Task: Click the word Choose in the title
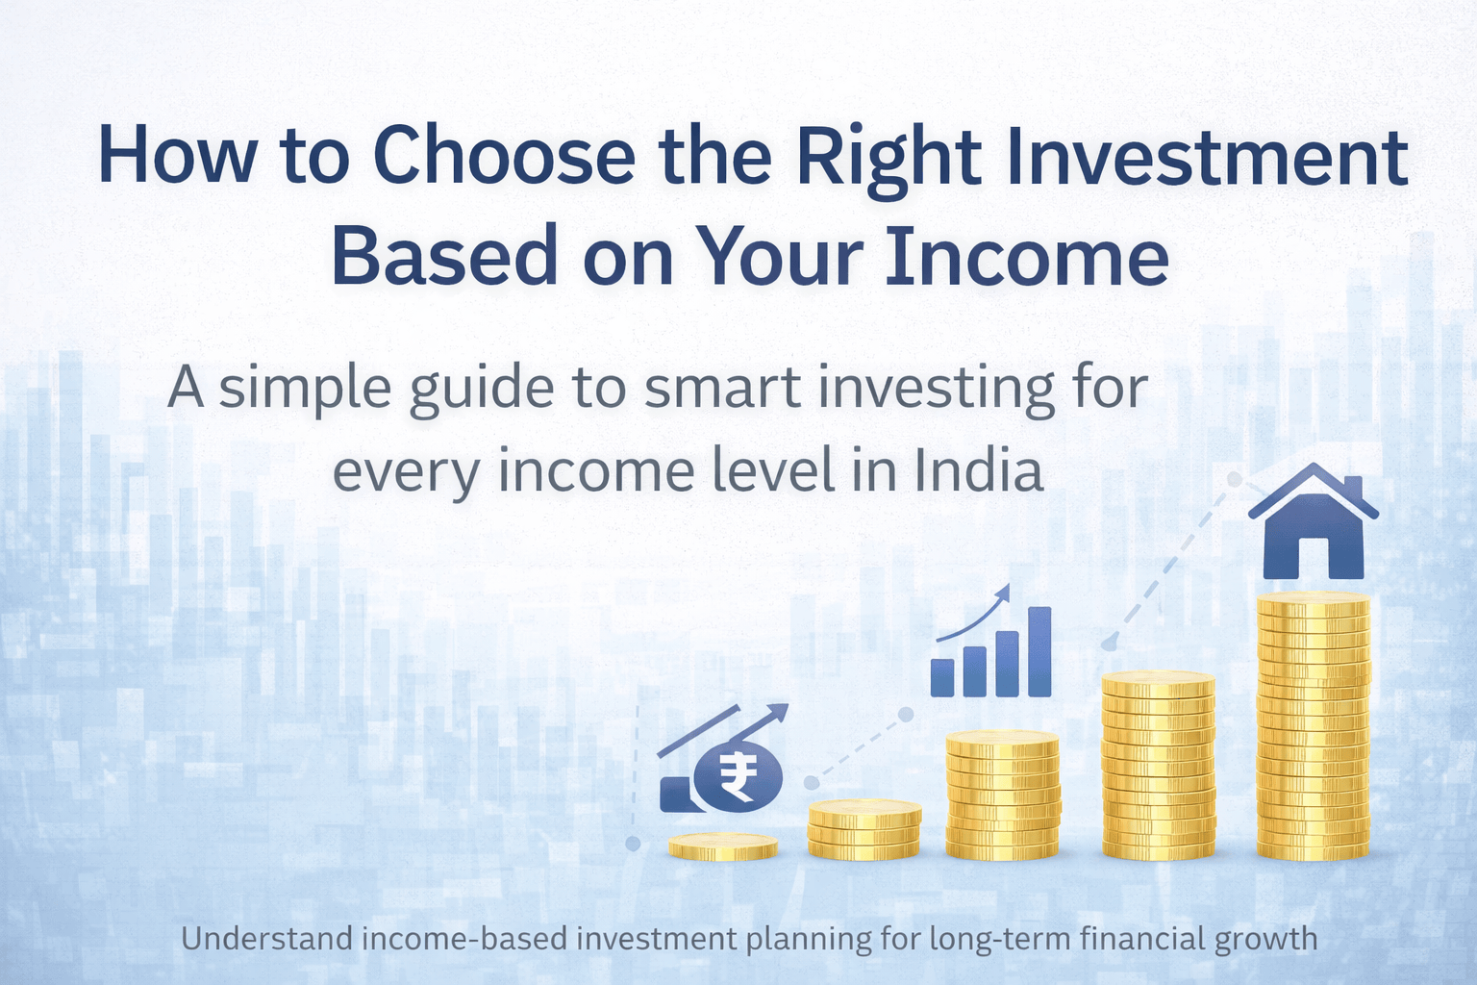tap(504, 156)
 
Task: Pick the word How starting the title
tap(177, 156)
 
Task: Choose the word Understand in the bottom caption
tap(266, 939)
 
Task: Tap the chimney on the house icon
tap(1353, 487)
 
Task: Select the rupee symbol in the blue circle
tap(738, 778)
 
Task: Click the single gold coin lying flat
tap(723, 846)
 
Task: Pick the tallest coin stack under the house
tap(1314, 726)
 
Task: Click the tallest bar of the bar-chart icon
tap(1039, 651)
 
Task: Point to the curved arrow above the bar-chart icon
tap(976, 616)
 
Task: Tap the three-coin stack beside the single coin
tap(864, 829)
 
